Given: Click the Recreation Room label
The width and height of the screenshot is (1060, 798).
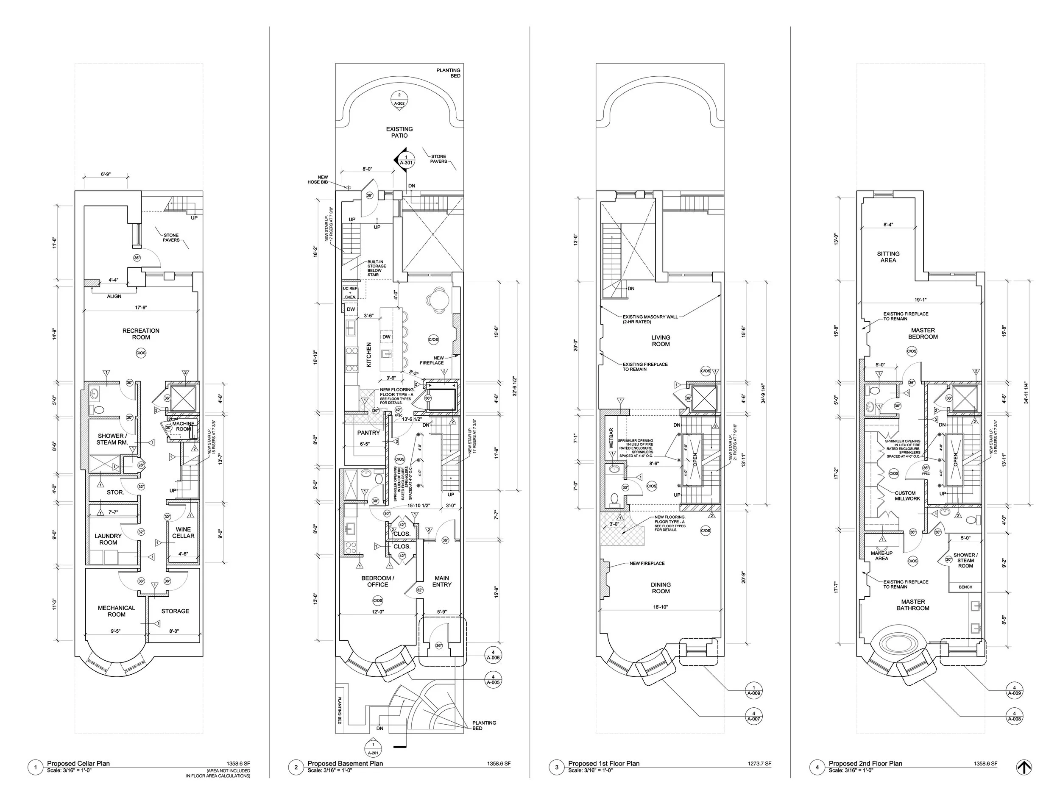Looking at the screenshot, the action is pos(140,334).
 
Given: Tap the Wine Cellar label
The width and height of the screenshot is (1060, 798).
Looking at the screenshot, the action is pos(183,533).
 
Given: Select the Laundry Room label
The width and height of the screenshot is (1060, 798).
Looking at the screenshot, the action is pos(108,539).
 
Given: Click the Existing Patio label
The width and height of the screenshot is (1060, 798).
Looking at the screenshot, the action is pos(399,132).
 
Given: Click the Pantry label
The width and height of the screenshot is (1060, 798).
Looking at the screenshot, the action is pos(368,433).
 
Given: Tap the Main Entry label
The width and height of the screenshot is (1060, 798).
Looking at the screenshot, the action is pos(441,581).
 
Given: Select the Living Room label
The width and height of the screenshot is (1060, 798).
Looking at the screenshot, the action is pos(660,341).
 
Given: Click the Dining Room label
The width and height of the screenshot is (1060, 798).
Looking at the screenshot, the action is pos(660,588).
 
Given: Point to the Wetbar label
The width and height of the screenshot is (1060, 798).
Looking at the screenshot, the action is pos(611,438).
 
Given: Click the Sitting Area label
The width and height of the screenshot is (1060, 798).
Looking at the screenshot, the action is pos(888,257).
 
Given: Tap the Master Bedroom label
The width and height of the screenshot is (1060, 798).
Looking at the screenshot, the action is pos(923,334).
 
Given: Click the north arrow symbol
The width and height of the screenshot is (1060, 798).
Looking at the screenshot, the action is pos(1024,767).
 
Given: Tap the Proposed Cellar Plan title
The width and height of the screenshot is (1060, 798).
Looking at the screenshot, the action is pos(78,763).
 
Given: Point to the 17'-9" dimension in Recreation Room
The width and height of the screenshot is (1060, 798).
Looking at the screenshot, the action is pos(140,308).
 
